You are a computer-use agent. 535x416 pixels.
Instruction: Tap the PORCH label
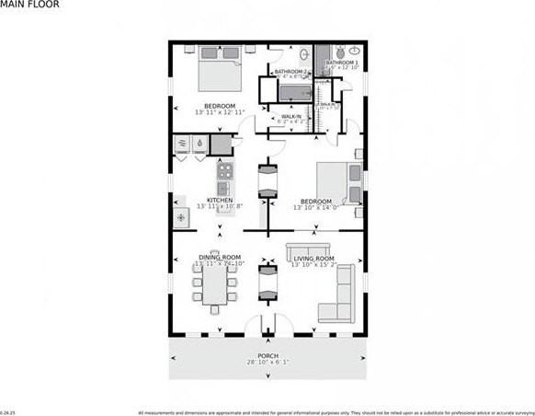267,355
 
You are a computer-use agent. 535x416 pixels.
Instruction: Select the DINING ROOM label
220,257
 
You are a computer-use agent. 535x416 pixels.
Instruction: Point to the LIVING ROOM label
313,259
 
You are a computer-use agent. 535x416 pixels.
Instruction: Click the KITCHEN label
219,200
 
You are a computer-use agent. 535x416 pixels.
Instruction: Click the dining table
211,286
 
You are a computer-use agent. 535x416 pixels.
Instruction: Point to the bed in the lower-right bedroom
335,181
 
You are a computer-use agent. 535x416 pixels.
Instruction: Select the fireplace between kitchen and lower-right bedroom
267,179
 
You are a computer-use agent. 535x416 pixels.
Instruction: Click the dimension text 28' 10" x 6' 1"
267,364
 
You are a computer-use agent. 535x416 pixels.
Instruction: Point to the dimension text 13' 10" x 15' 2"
313,266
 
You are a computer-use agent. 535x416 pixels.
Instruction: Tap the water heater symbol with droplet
200,144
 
